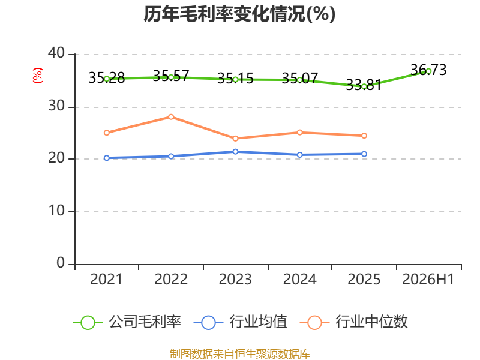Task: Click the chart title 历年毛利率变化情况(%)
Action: click(x=239, y=14)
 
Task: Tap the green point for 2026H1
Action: click(x=428, y=71)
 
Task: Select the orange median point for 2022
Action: click(x=171, y=117)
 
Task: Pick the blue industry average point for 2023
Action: click(x=235, y=152)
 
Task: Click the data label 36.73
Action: click(x=428, y=70)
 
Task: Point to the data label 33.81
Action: click(x=364, y=85)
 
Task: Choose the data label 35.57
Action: click(x=171, y=76)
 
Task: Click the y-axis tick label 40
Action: click(x=56, y=53)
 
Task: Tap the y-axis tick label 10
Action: click(x=56, y=211)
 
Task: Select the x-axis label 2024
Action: click(x=299, y=279)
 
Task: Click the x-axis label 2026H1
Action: click(x=428, y=279)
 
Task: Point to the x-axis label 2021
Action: click(x=106, y=279)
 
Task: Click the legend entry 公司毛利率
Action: click(x=127, y=322)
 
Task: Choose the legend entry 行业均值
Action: click(x=241, y=322)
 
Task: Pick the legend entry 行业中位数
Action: click(x=354, y=322)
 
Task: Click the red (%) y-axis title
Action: click(x=38, y=76)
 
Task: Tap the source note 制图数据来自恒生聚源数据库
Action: click(x=240, y=354)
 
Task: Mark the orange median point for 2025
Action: click(x=364, y=136)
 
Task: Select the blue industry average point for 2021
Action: click(x=107, y=158)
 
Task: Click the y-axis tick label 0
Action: click(x=61, y=263)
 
